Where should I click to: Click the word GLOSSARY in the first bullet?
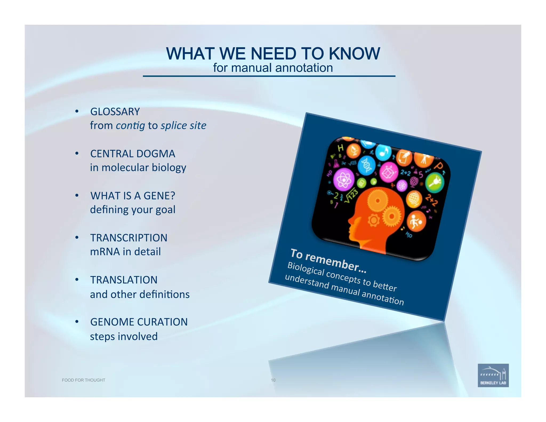(x=115, y=112)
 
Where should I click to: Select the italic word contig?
(x=131, y=125)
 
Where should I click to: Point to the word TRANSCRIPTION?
(x=129, y=238)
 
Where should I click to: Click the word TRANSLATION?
(x=124, y=280)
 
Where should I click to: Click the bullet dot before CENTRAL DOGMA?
(x=77, y=153)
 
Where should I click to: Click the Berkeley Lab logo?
(x=493, y=375)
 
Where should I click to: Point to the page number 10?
(x=273, y=380)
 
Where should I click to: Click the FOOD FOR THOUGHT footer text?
(x=83, y=380)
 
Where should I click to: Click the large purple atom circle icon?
(x=344, y=180)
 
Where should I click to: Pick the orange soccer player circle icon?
(x=416, y=221)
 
